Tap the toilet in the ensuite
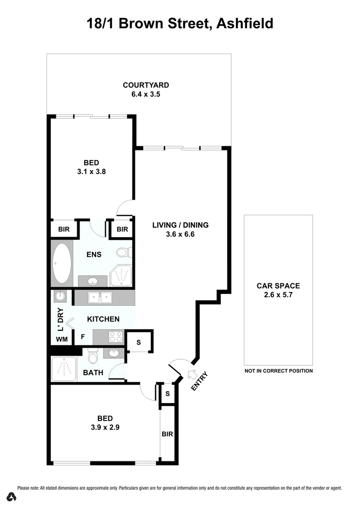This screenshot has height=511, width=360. tap(124, 252)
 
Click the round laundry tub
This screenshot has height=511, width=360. tap(60, 297)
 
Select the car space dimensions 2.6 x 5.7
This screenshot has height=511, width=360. tap(278, 295)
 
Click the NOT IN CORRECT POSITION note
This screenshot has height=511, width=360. tap(278, 371)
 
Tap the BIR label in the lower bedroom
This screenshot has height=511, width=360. tap(167, 434)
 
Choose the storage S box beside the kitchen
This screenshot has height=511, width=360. tap(139, 342)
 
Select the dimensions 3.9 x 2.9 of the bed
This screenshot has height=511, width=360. tap(105, 427)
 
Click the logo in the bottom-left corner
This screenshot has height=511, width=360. tap(12, 497)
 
